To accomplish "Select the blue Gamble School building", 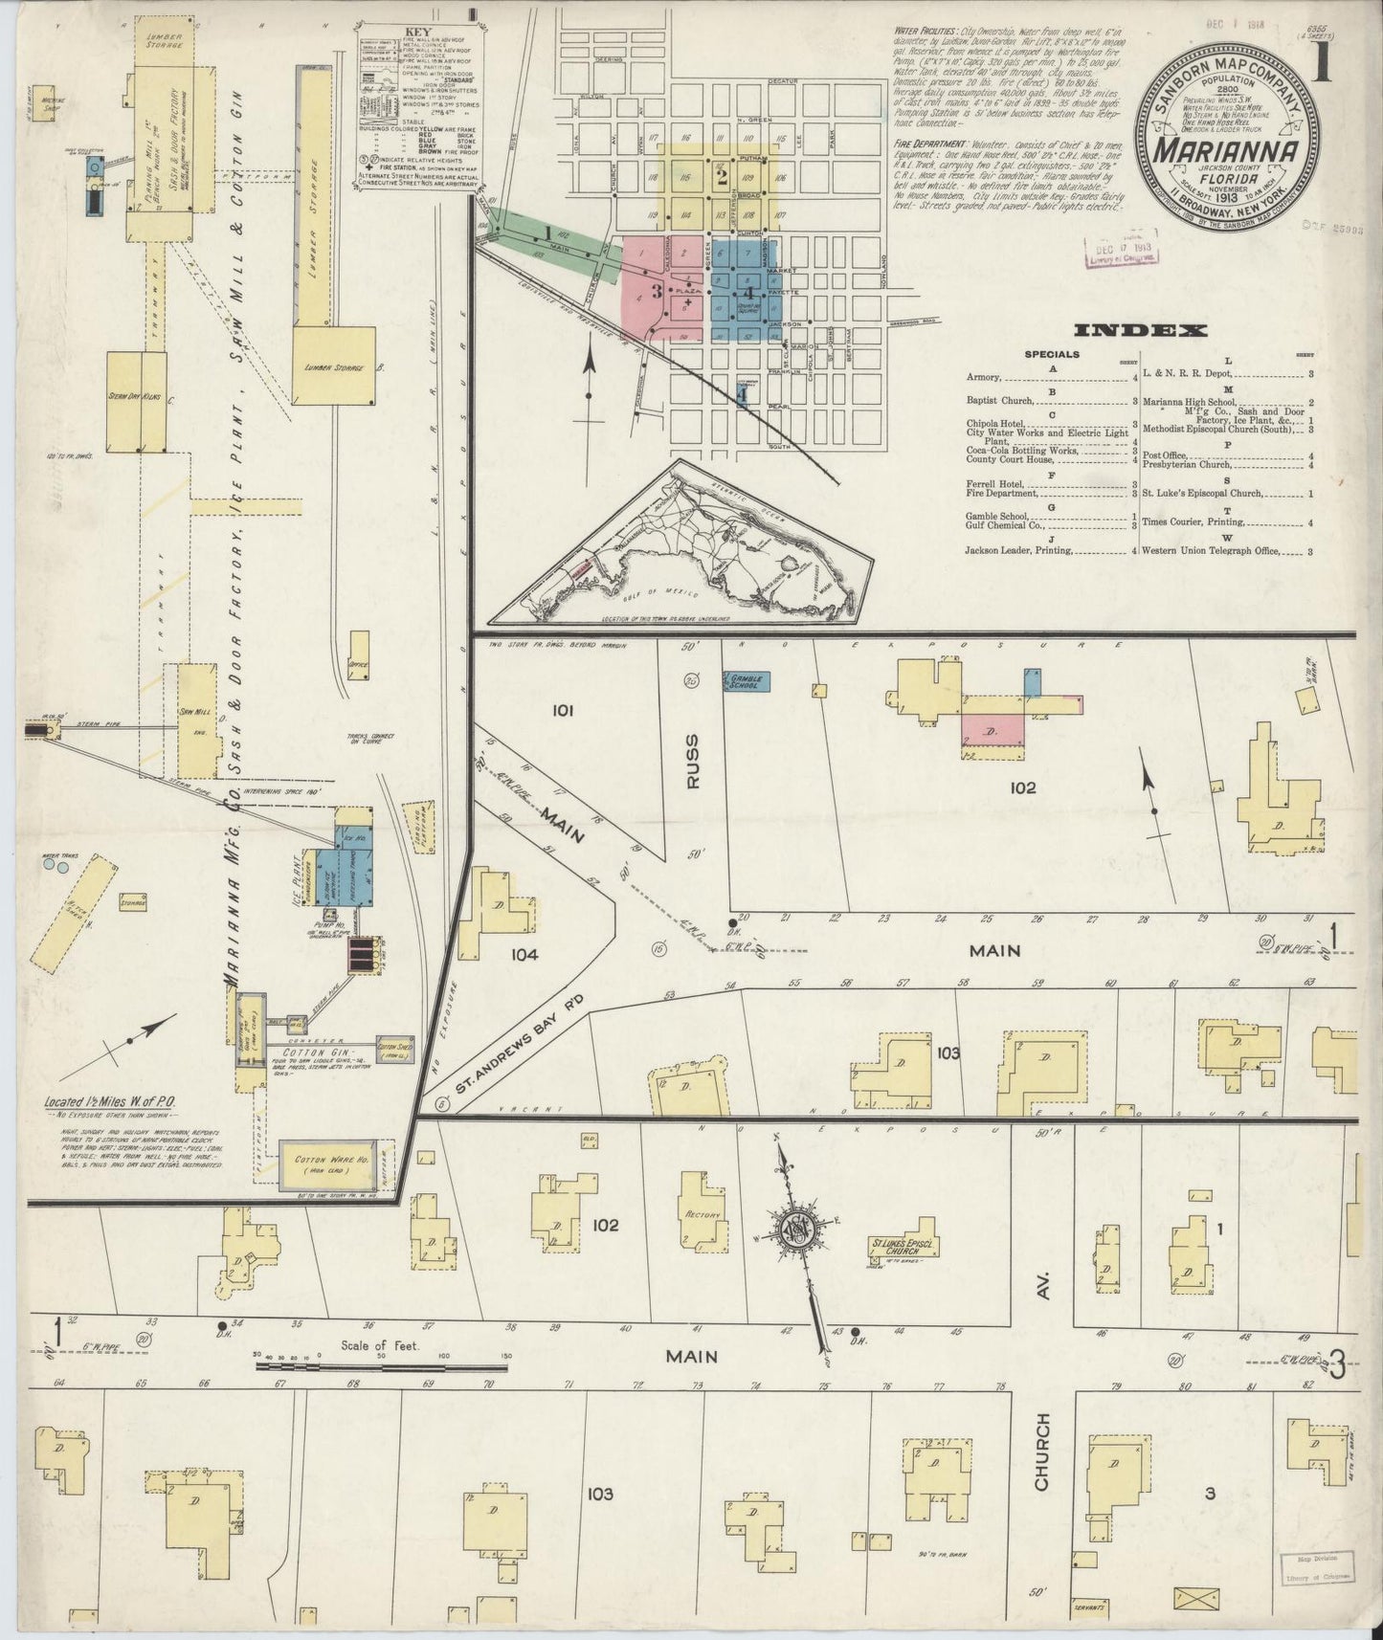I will pos(750,680).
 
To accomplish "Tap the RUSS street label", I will pos(694,762).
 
